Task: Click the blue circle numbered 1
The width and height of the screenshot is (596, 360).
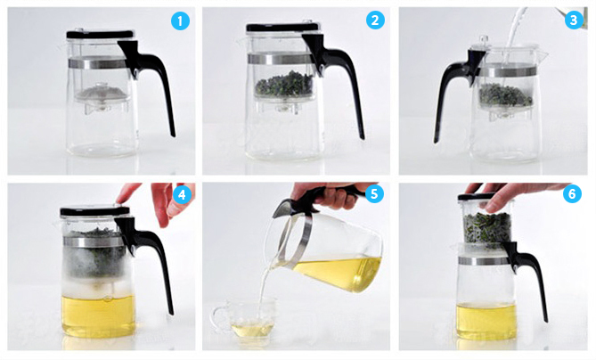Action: click(180, 20)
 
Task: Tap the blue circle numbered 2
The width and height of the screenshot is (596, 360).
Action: click(375, 20)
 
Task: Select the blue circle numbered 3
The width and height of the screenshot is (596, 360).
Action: click(574, 20)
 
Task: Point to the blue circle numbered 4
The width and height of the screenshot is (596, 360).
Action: click(182, 194)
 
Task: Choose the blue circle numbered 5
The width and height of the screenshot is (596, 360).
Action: click(374, 194)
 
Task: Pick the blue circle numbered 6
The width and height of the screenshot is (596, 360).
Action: click(572, 194)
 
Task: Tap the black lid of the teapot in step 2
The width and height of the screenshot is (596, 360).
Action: click(282, 28)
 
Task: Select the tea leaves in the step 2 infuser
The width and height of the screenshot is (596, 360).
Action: click(284, 83)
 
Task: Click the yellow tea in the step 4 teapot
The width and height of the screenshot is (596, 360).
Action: click(99, 315)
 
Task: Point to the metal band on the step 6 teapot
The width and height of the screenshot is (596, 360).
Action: click(483, 261)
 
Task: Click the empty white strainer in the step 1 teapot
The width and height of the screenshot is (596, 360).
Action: click(102, 94)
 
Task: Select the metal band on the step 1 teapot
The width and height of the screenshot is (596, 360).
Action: click(97, 62)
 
